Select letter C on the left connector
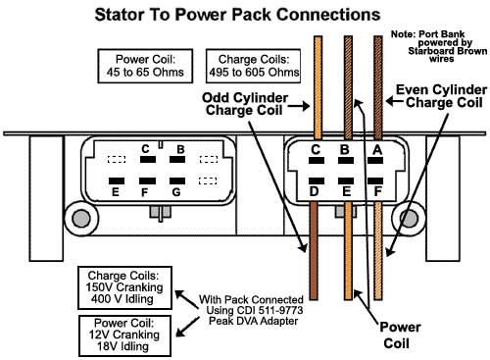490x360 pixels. (x=145, y=149)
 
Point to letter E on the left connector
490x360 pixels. (x=115, y=193)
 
